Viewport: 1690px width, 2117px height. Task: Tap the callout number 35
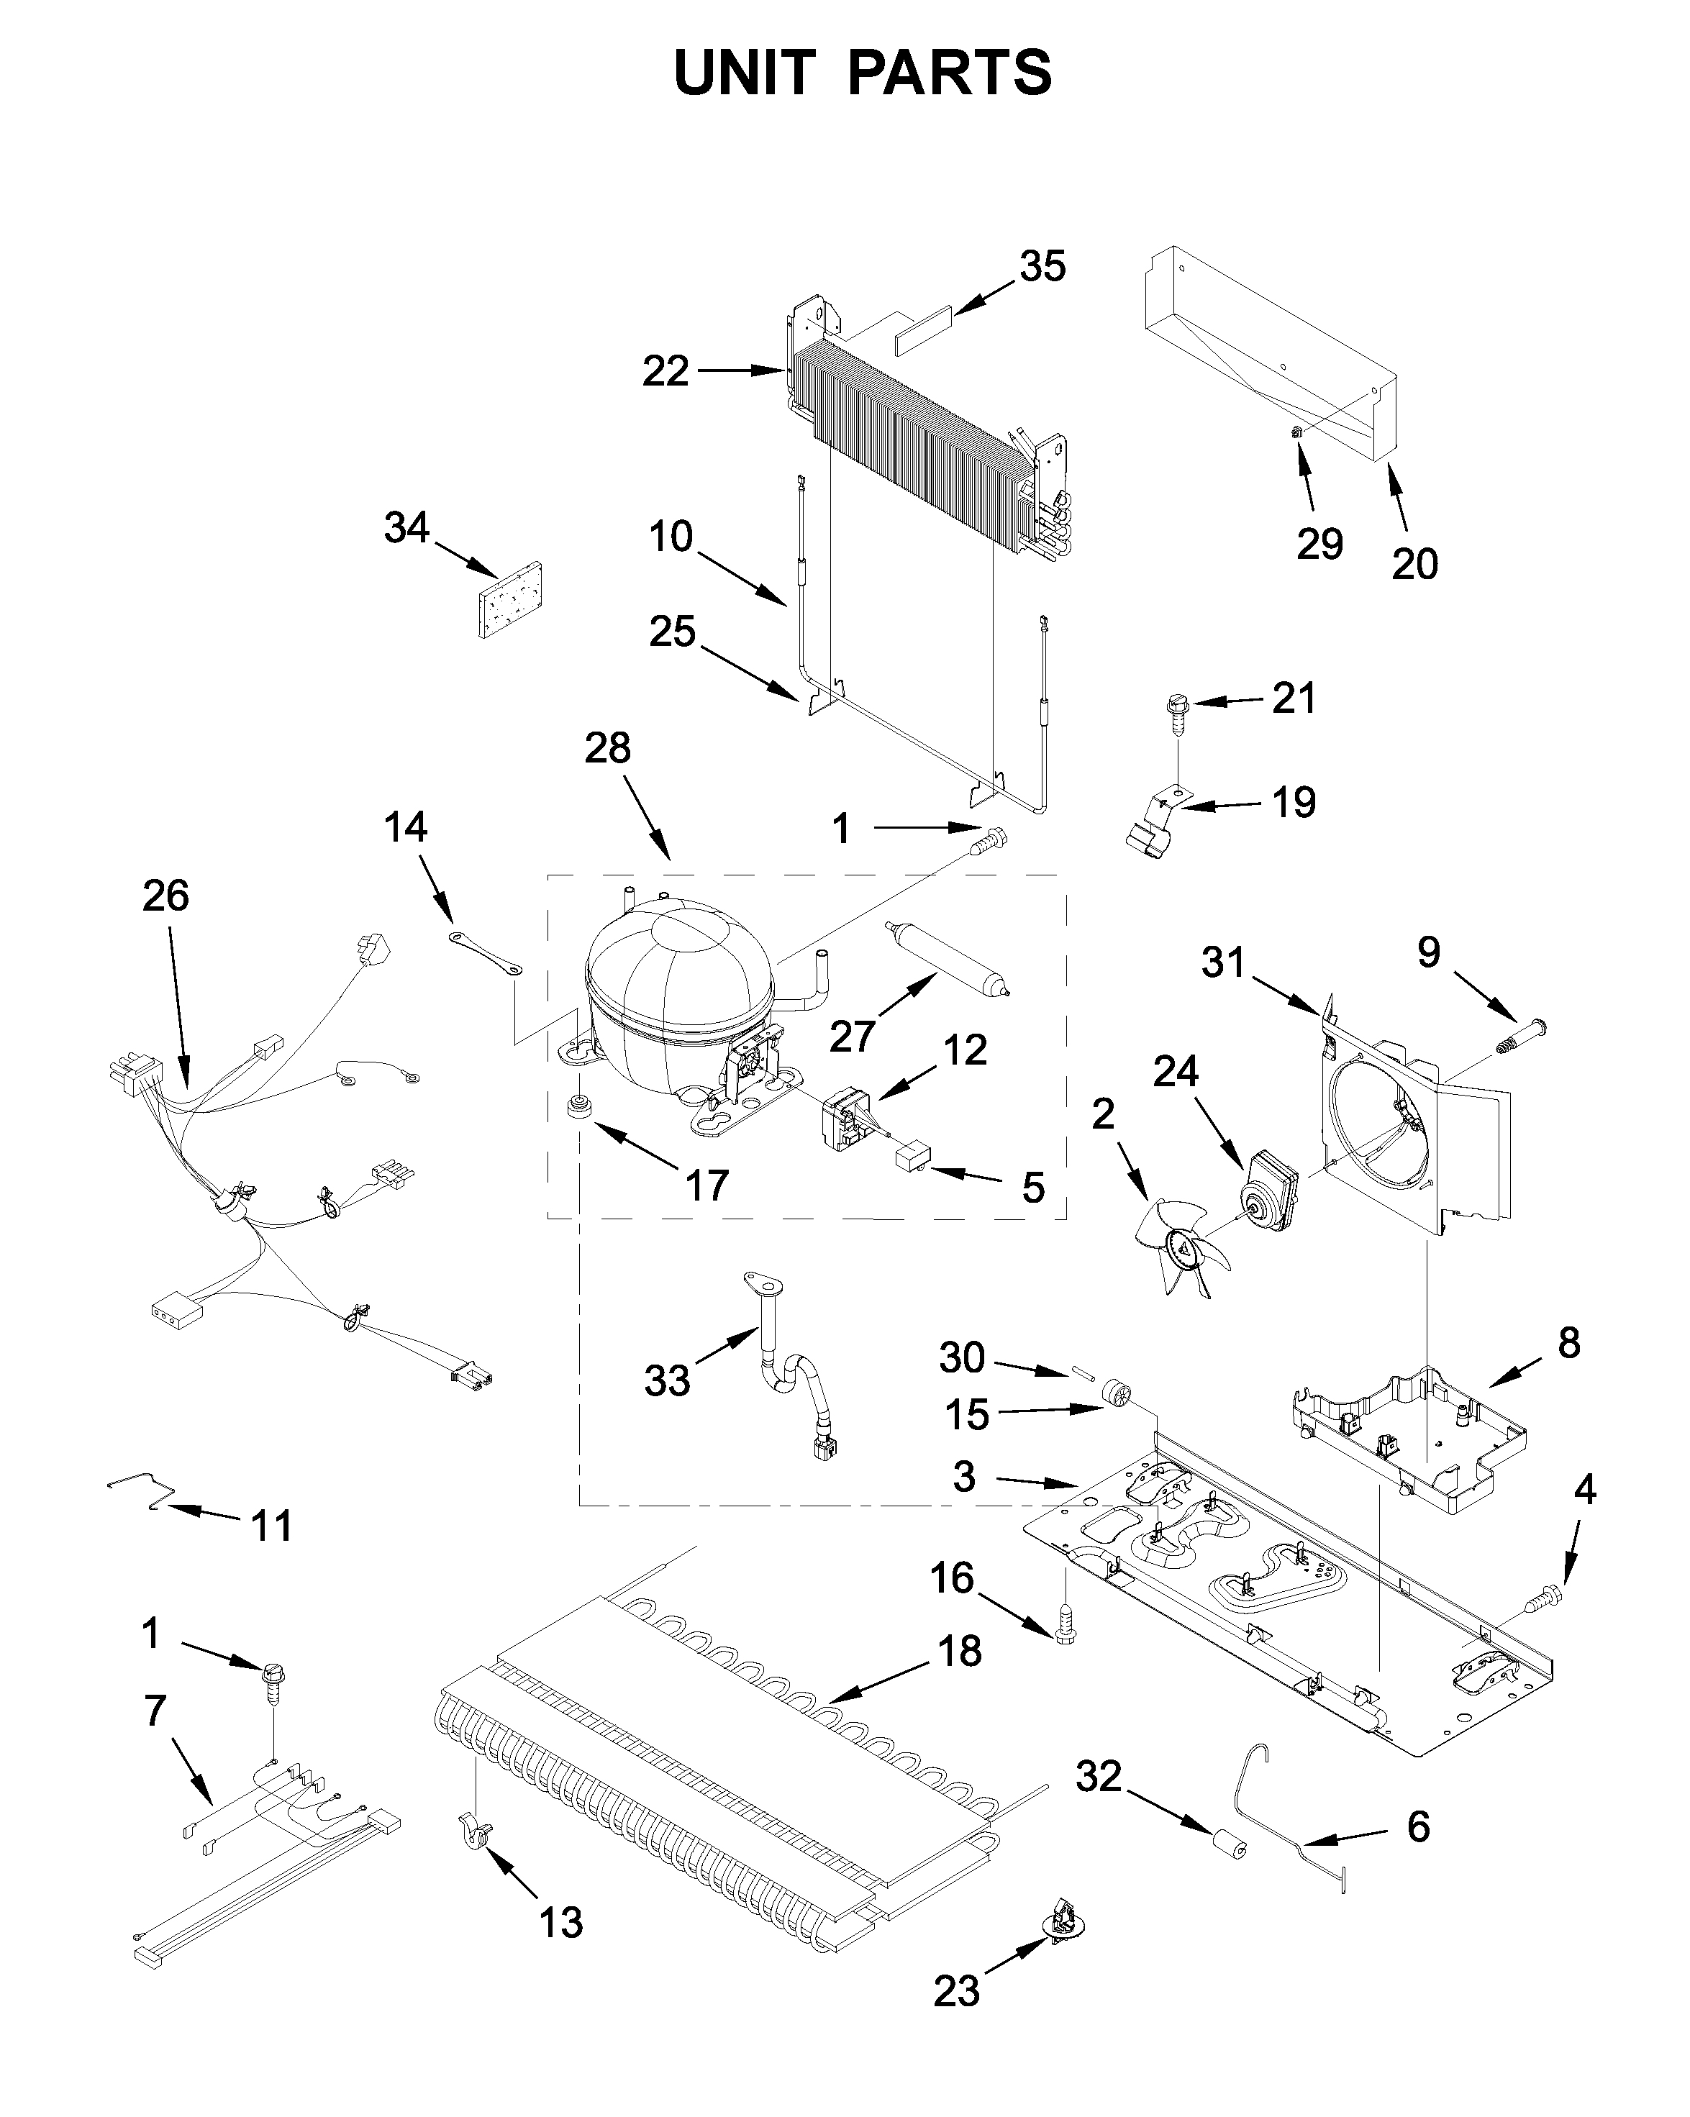tap(1042, 267)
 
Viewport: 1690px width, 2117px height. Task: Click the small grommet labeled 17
tap(578, 1103)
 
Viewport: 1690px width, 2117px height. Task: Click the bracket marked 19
tap(1155, 829)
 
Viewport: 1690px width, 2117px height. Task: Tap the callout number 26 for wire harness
tap(165, 896)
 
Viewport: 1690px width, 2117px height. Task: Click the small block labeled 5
tap(913, 1160)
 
